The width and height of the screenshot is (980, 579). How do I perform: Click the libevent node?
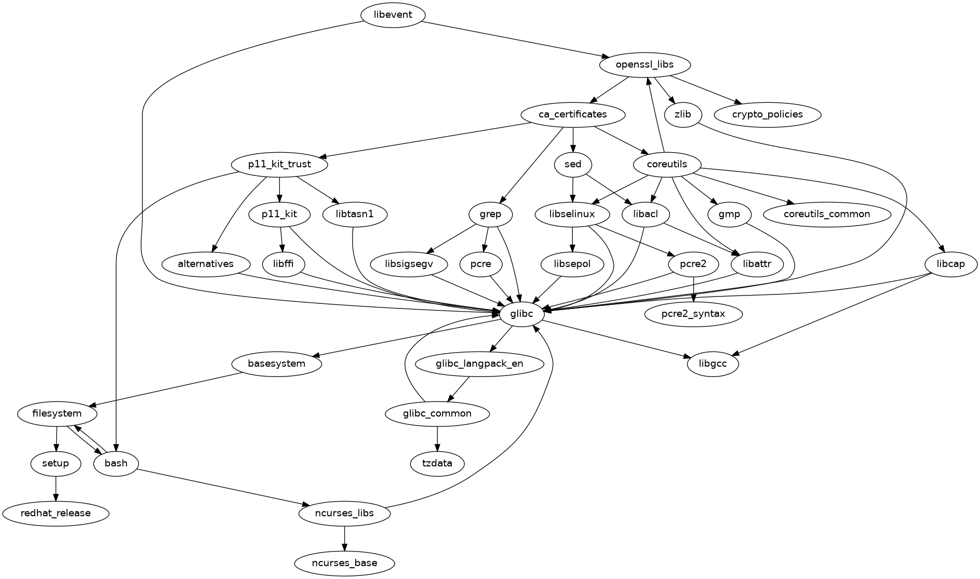click(393, 15)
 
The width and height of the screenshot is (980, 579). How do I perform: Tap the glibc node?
click(521, 314)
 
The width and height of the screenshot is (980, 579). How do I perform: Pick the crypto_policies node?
click(768, 114)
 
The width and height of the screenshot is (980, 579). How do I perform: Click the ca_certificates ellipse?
click(572, 114)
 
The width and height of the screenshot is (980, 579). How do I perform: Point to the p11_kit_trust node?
click(279, 164)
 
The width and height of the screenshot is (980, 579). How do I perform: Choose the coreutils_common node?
click(827, 214)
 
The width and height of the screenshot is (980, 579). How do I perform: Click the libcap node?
click(950, 264)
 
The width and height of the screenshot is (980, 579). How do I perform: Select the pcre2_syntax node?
click(693, 314)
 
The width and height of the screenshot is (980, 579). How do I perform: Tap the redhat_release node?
click(56, 513)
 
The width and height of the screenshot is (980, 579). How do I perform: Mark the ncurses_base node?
click(344, 563)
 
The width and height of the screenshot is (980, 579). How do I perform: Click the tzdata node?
click(437, 463)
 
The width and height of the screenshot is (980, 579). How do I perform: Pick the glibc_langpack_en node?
click(479, 363)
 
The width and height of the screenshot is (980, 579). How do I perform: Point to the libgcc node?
click(713, 363)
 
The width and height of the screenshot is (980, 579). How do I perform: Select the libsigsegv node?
click(409, 264)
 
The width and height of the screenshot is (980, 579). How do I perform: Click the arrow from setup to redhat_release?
click(56, 488)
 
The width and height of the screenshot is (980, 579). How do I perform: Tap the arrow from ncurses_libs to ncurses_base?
click(344, 538)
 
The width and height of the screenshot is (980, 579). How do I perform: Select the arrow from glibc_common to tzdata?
click(437, 438)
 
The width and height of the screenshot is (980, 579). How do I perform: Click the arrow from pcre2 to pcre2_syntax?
click(693, 289)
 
